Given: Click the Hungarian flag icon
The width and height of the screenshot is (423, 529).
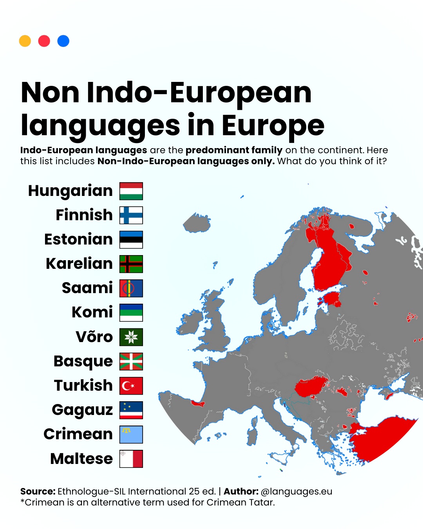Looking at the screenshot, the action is point(131,191).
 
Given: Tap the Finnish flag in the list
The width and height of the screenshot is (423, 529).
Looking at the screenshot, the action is point(131,215).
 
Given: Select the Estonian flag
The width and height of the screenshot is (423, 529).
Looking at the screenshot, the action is point(131,239).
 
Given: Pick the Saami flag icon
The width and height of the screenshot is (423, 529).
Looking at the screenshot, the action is point(131,288).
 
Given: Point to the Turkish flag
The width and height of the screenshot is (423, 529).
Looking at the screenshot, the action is point(131,386).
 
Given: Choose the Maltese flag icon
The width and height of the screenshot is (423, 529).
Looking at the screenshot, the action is point(131,458).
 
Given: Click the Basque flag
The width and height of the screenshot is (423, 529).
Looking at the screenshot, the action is point(131,361).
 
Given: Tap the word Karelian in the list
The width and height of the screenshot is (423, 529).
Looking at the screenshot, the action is point(79,264).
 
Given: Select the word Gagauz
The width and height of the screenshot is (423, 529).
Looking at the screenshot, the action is point(82,410).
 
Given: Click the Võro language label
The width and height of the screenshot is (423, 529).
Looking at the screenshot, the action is point(94,337).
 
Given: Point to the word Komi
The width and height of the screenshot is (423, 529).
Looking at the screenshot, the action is point(92,312).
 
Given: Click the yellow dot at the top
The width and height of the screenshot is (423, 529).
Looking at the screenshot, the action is point(25,41).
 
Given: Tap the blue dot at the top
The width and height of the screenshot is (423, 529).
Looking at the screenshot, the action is point(63,41).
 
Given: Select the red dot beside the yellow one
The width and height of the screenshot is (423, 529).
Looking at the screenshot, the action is point(44,41).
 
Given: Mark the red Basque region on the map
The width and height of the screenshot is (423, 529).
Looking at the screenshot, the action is point(197,403).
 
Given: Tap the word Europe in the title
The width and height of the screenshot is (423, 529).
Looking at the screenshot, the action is point(273,126).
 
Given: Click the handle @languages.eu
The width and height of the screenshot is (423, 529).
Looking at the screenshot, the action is point(296,491).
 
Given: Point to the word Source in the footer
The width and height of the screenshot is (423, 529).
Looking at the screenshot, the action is point(38,491).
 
